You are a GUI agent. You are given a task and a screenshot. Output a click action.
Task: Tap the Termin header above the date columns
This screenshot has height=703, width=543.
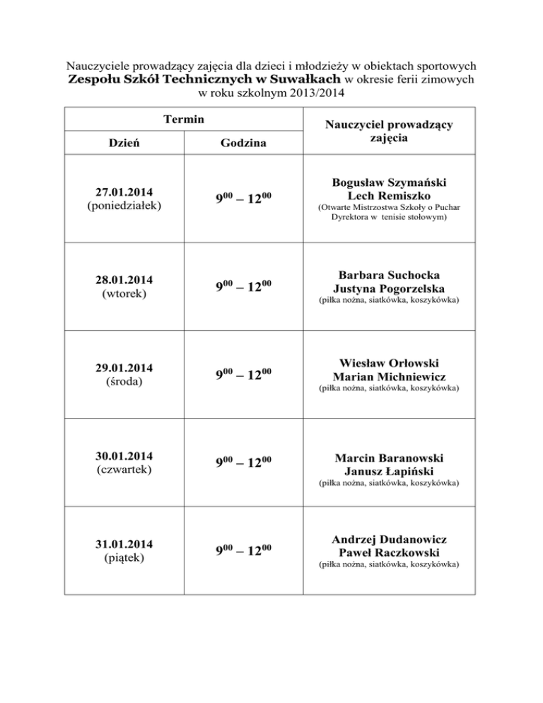(183, 120)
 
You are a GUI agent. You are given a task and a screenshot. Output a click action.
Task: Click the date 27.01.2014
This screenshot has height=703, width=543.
(124, 192)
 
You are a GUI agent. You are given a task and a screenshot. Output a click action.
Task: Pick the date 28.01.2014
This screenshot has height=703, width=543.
(124, 279)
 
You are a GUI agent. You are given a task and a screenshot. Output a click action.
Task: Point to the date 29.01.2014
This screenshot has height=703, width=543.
(124, 369)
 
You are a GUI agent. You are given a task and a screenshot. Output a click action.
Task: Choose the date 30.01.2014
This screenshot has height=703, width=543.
(124, 455)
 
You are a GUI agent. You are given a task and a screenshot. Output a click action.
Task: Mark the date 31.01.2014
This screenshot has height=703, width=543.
(124, 545)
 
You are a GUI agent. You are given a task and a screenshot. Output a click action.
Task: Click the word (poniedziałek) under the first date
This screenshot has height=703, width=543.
(124, 206)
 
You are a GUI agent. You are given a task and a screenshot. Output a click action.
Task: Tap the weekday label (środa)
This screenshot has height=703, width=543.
(124, 383)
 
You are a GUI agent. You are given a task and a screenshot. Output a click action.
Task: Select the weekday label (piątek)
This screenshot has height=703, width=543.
(124, 558)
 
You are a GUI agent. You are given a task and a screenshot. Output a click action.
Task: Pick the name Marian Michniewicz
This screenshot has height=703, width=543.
(389, 376)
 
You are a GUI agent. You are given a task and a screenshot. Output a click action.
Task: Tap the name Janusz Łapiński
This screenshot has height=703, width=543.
(389, 471)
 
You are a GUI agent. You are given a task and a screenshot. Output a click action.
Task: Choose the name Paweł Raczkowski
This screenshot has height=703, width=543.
(389, 552)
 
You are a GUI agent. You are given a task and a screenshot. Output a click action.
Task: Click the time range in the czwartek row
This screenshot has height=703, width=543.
(243, 464)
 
